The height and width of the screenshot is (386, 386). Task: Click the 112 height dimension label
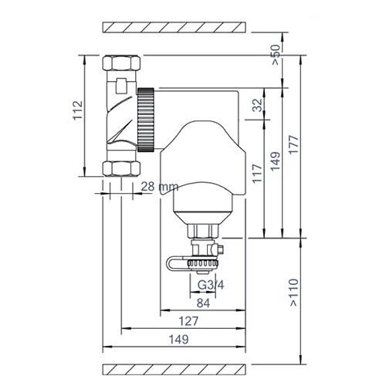tap(78, 110)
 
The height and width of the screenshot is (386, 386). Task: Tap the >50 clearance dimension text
tap(276, 55)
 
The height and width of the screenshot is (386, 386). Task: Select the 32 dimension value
tap(257, 105)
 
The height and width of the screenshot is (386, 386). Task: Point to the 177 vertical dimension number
tap(293, 144)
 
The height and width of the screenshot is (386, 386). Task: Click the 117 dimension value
tap(257, 174)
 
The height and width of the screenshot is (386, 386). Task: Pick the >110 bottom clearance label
tap(294, 293)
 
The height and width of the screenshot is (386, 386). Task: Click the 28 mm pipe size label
tap(160, 186)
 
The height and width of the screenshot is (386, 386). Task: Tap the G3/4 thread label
tap(211, 285)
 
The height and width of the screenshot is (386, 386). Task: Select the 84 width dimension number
tap(203, 303)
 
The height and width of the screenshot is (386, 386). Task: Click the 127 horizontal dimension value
tap(188, 321)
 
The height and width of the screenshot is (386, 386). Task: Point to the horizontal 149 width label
tap(178, 339)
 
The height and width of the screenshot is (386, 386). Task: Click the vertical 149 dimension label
tap(276, 161)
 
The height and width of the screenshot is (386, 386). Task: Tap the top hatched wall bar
tap(174, 27)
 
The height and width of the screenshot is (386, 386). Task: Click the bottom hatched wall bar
tap(174, 369)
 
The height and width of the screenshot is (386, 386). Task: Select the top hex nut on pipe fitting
tap(121, 63)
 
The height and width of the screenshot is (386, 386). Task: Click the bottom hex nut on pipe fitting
tap(121, 168)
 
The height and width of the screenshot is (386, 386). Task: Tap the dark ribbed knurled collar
tap(146, 120)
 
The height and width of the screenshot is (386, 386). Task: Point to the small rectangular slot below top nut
tap(121, 86)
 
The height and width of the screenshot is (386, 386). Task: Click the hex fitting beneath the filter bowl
tap(203, 230)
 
